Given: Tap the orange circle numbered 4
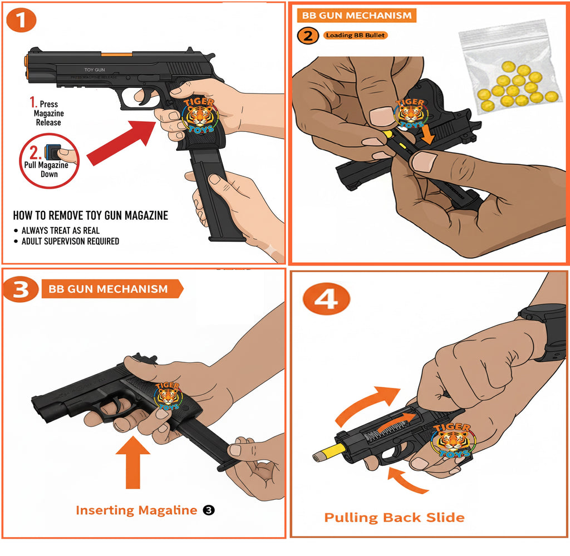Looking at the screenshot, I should pos(326,300).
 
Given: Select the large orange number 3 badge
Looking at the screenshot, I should pos(21,290).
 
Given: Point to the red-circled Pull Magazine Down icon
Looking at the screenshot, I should pos(51,160).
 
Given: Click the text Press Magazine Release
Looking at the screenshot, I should pos(47,113).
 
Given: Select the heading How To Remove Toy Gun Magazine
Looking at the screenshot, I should pos(90,215).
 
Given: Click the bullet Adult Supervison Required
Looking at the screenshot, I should pos(70,241).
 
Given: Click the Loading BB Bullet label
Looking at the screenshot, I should pos(355,35).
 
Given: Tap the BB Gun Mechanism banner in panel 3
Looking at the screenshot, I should pos(111,289).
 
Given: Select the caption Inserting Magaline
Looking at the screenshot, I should pos(136,510).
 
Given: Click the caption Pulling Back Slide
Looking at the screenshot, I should pos(394,518).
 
